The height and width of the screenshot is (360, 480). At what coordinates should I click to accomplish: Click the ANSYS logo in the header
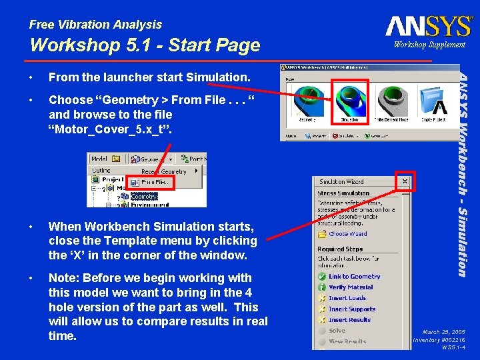coord(429,26)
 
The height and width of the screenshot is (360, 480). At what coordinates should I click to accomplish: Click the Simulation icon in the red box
coord(349,101)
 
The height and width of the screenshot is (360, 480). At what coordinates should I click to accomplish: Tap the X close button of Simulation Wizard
coord(404,181)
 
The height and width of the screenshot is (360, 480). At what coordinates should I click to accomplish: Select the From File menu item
coord(155,182)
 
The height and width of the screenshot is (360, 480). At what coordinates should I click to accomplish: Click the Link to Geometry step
coord(354,277)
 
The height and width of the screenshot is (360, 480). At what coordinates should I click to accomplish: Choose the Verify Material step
coord(351,287)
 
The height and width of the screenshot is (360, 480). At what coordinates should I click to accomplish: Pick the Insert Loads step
coord(347,299)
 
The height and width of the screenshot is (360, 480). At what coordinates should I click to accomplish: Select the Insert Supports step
coord(351,309)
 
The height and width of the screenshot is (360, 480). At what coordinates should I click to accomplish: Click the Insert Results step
coord(349,320)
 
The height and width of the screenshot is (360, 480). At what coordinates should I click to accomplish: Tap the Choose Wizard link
coord(347,234)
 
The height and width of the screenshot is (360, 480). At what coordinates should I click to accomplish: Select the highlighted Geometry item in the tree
coord(144,197)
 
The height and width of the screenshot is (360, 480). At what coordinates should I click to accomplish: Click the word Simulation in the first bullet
coord(217,77)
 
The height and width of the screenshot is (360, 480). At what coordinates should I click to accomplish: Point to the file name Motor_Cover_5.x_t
coord(111,129)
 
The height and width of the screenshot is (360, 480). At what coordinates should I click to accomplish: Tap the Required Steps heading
coord(340,249)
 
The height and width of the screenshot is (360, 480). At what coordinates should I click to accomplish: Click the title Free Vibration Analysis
coord(95,25)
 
